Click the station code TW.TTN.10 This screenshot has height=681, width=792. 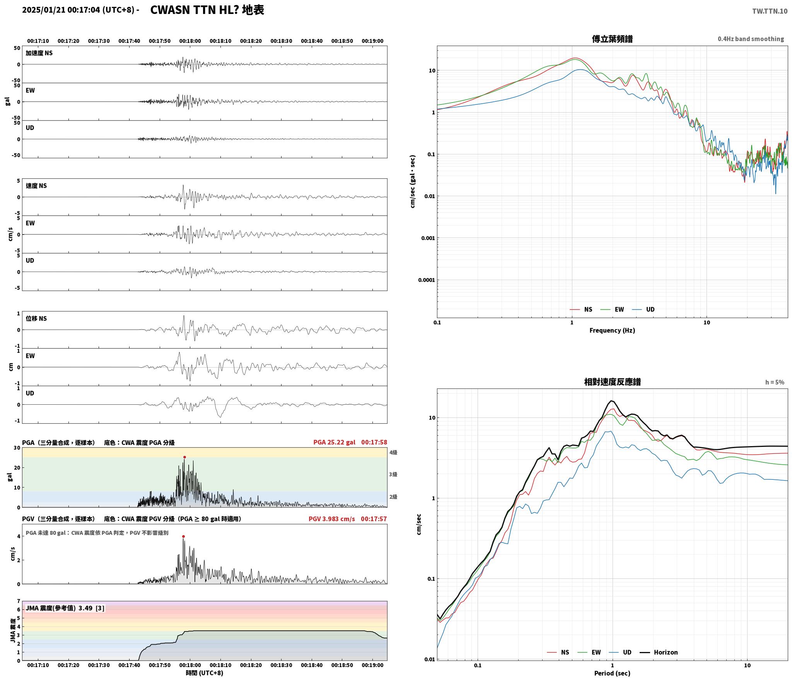click(x=770, y=11)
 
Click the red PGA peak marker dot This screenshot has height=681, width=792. click(x=184, y=457)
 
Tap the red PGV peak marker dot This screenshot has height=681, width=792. click(x=183, y=536)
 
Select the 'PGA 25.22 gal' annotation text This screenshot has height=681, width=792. click(x=334, y=442)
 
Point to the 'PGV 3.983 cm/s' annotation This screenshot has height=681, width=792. click(x=331, y=519)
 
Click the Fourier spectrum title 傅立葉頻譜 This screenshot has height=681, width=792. click(x=612, y=39)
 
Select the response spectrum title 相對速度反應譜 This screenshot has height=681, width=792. click(x=612, y=382)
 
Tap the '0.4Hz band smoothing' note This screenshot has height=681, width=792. click(x=751, y=39)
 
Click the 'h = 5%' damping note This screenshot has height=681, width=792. click(x=775, y=382)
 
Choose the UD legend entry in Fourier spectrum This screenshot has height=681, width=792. click(x=643, y=309)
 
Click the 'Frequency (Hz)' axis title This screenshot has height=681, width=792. click(x=612, y=330)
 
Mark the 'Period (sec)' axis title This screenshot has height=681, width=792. click(x=612, y=673)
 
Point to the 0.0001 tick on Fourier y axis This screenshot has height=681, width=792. click(x=426, y=280)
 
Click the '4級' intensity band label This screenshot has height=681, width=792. click(x=393, y=452)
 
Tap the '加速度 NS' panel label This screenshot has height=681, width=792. click(x=39, y=53)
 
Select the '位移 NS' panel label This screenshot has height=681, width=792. click(x=36, y=318)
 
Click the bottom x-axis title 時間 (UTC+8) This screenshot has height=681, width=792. click(x=205, y=672)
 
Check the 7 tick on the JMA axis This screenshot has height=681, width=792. click(x=19, y=601)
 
